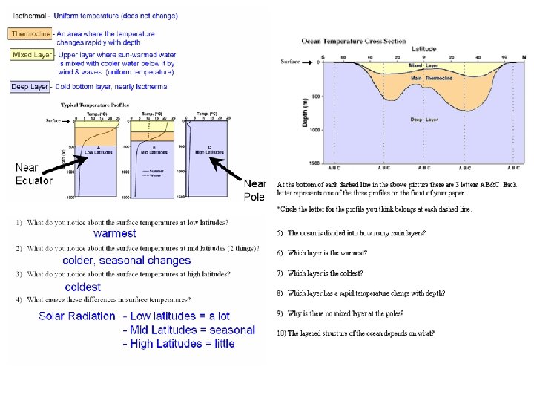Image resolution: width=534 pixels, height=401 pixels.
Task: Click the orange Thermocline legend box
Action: coord(30,33)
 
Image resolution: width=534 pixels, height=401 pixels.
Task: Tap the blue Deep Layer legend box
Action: coord(30,87)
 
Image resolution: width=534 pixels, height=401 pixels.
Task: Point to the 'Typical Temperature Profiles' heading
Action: coord(94,105)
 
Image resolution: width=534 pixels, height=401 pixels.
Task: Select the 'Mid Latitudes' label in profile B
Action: coord(151,151)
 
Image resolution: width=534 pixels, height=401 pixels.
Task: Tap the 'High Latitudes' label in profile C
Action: coord(209,151)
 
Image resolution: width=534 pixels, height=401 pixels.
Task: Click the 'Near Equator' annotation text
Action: coord(34,174)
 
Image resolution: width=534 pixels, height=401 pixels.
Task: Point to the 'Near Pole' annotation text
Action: coord(254,189)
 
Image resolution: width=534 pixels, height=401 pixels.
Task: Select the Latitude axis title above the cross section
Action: coord(423,48)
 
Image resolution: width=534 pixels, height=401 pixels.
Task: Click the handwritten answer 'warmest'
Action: coord(114,233)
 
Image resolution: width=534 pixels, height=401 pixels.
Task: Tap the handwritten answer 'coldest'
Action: coord(83,287)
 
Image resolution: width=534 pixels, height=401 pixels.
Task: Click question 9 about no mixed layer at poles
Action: coord(356,313)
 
